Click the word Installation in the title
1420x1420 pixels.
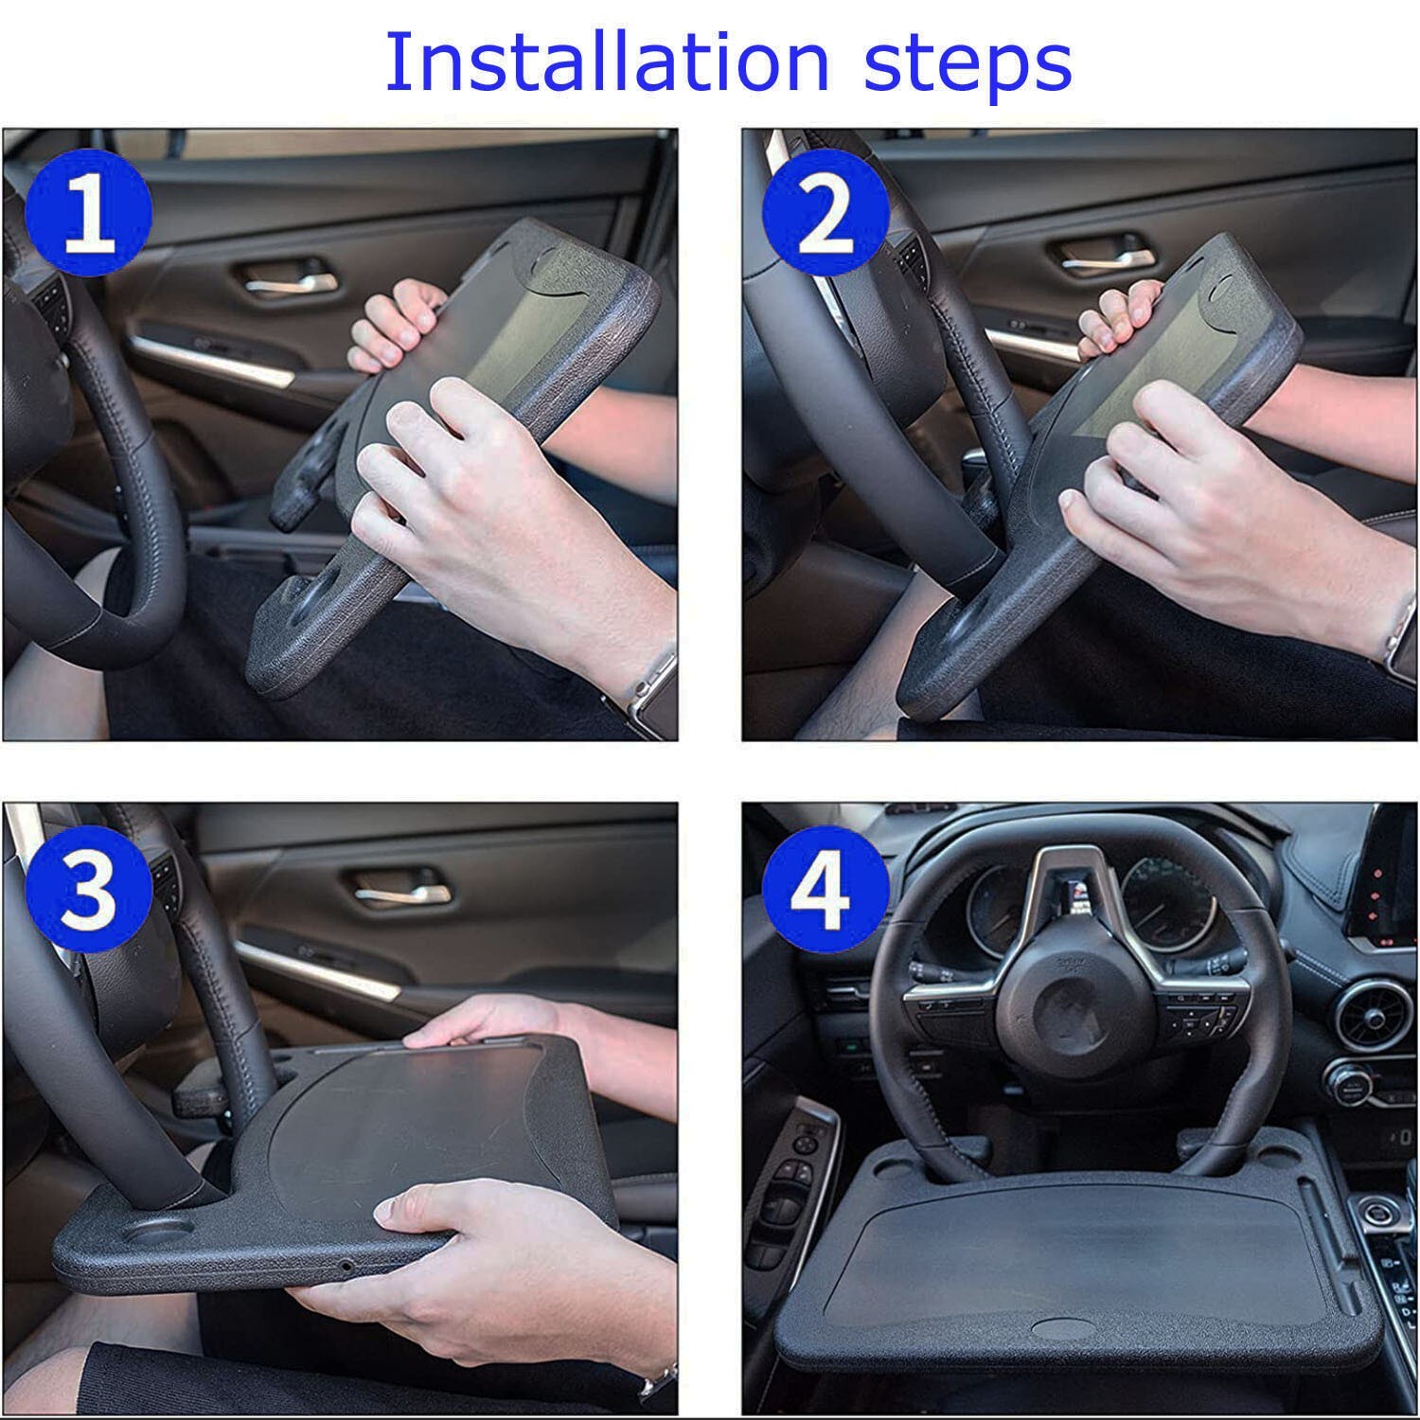pyautogui.click(x=606, y=62)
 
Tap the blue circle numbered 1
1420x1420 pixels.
pyautogui.click(x=90, y=218)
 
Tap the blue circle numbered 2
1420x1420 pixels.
pyautogui.click(x=825, y=218)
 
